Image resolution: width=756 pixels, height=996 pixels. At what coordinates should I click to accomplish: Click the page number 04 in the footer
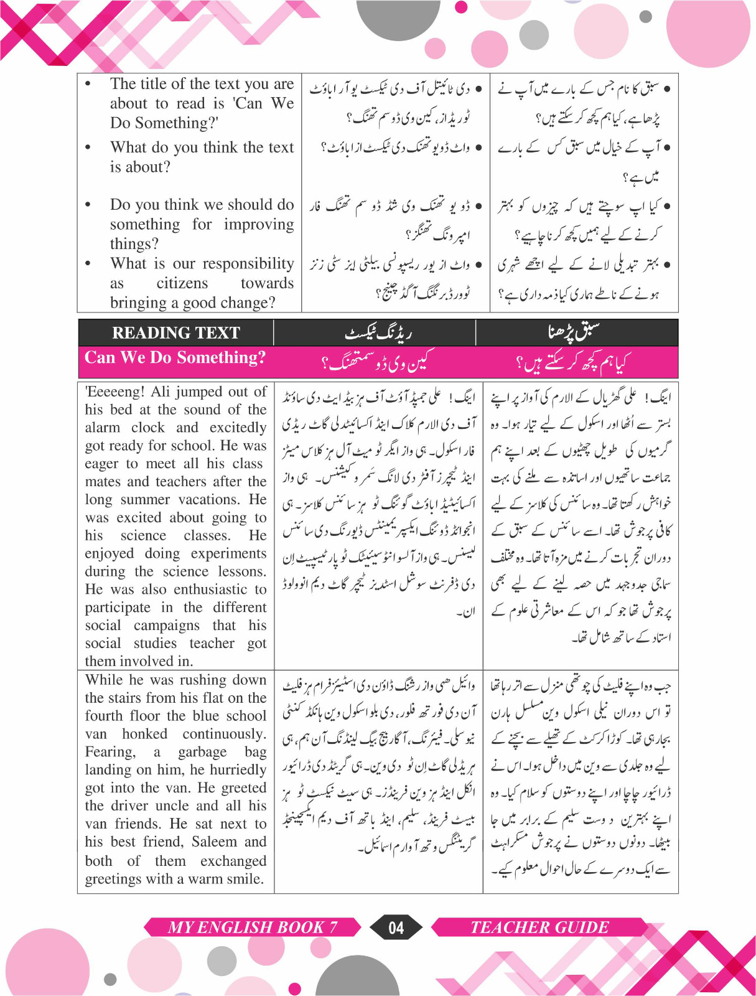tap(396, 928)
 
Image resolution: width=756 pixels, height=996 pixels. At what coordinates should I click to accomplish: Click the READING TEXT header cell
tap(175, 333)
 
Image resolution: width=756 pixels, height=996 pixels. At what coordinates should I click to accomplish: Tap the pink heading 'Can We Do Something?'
tap(175, 357)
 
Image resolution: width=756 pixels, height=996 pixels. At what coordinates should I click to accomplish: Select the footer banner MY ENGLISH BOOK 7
tap(252, 928)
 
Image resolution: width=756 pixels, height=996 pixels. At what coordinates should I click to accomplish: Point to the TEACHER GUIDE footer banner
tap(539, 928)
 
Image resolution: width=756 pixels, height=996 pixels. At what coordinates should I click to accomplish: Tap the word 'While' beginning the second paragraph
tap(104, 680)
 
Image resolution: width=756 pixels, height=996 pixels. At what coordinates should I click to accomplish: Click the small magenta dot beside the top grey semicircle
tap(461, 7)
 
